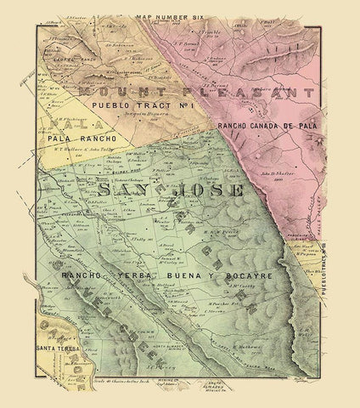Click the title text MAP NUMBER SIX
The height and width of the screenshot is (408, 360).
[x=180, y=11]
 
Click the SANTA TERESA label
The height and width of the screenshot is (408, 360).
[x=53, y=348]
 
